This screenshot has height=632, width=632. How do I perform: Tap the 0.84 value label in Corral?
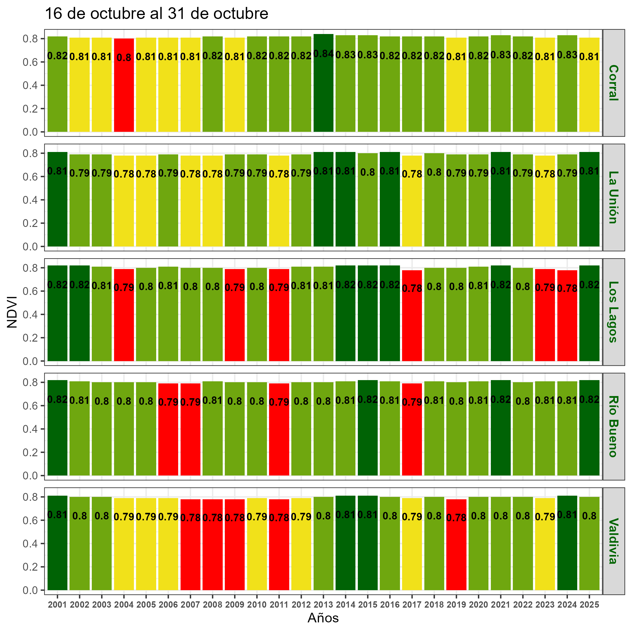[x=323, y=54]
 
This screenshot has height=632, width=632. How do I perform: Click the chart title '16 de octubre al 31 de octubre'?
[x=156, y=14]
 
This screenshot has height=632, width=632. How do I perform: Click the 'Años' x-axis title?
[x=323, y=618]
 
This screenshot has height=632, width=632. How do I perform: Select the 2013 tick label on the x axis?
[x=323, y=605]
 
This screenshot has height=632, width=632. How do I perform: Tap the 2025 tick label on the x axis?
[x=589, y=605]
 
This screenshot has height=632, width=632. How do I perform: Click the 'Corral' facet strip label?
[x=613, y=83]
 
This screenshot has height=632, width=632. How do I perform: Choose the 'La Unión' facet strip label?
[x=613, y=197]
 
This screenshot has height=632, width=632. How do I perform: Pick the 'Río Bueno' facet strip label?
[x=613, y=426]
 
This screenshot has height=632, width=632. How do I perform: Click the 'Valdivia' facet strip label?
[x=613, y=541]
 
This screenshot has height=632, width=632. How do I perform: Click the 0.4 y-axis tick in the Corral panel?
[x=29, y=85]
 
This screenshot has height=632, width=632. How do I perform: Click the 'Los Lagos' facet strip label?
[x=613, y=312]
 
